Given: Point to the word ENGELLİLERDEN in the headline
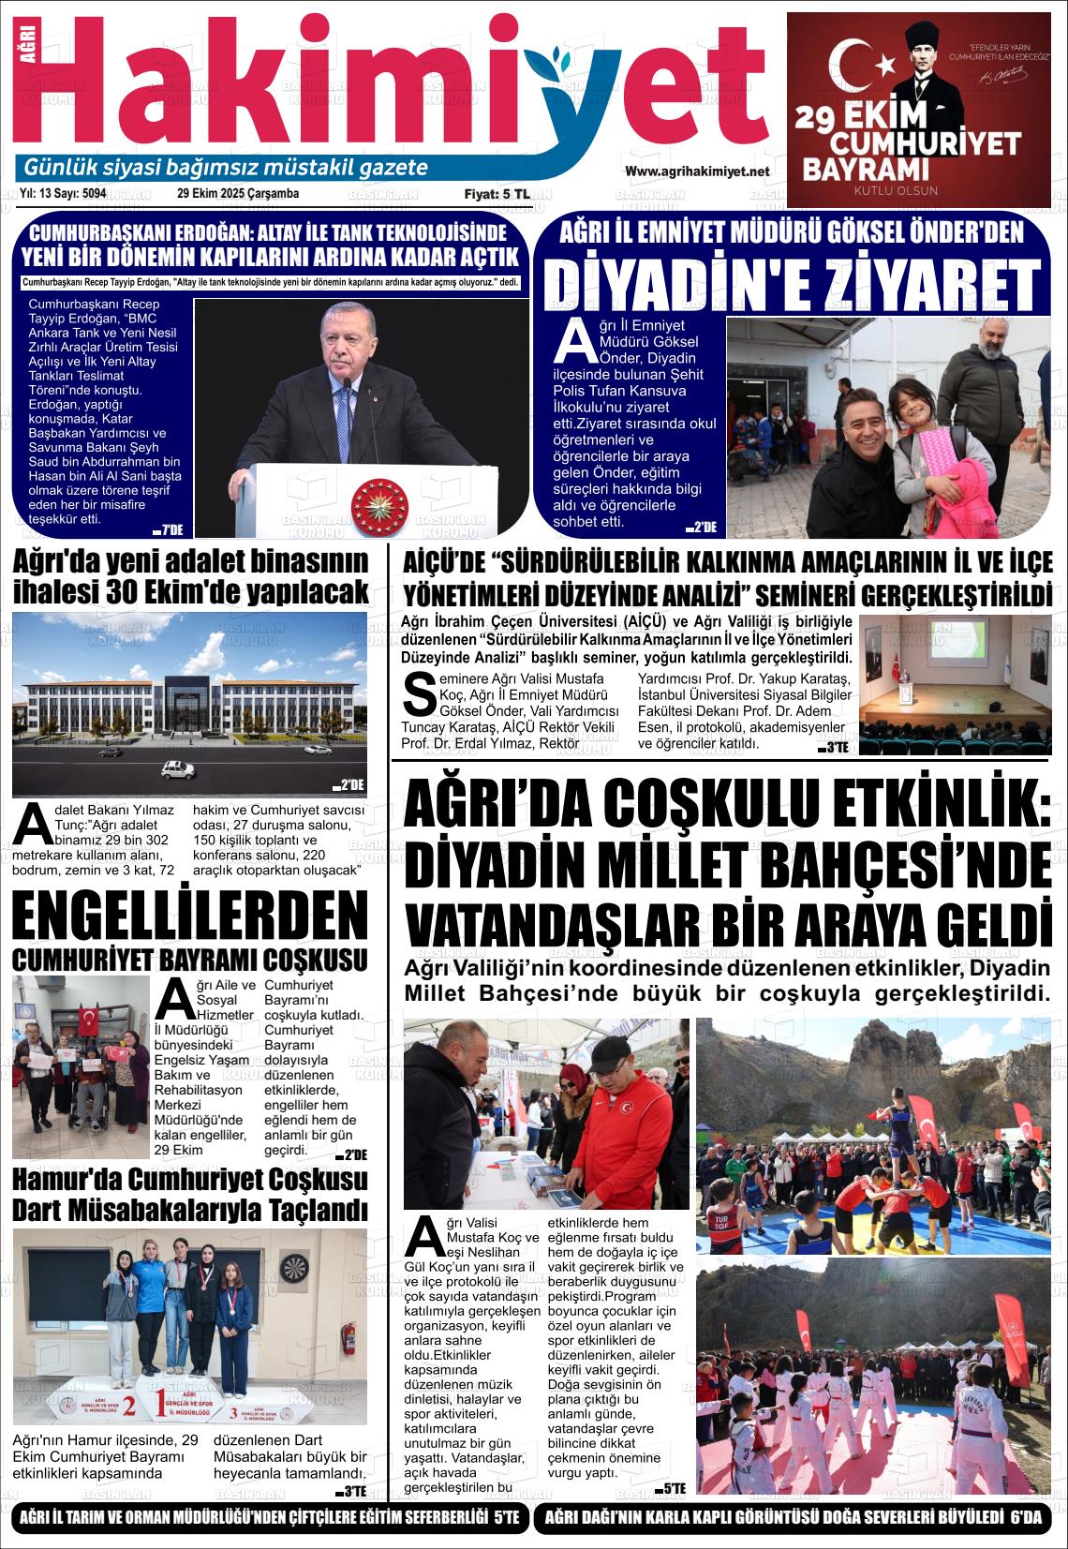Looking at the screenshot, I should (189, 915).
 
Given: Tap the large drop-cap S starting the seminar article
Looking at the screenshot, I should (417, 692).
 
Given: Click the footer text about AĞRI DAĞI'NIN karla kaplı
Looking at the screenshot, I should (792, 1517).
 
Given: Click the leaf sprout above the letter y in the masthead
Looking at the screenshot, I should (544, 58).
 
